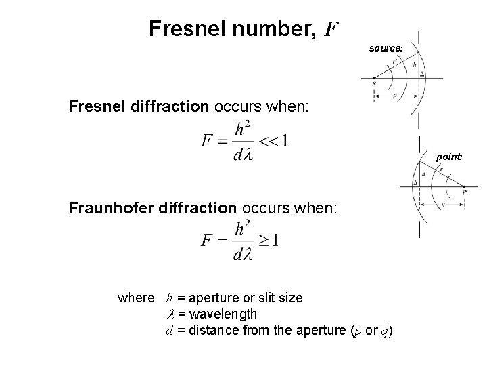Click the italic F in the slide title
pos(331,29)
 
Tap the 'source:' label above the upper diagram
pos(386,48)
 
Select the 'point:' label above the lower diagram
pos(449,157)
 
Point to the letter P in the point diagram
pos(463,192)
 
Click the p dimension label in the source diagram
pos(394,96)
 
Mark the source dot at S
pos(373,79)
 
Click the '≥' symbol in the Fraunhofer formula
pos(262,241)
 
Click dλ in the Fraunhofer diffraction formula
pos(242,254)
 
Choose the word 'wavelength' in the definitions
pos(223,314)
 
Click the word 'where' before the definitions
pos(136,298)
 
